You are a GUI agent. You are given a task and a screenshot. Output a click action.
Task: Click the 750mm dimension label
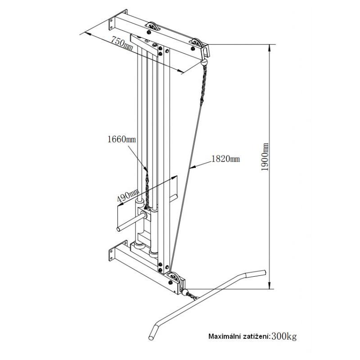click(122, 43)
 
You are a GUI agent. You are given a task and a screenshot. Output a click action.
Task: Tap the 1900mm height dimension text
click(265, 157)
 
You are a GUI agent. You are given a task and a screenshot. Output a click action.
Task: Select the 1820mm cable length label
click(225, 159)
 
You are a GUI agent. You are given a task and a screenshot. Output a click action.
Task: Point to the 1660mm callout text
click(121, 139)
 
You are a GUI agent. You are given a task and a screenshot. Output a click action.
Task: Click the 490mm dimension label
click(128, 195)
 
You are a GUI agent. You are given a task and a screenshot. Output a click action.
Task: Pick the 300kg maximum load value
click(284, 336)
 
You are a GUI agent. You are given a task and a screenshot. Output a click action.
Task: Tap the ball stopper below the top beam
click(204, 62)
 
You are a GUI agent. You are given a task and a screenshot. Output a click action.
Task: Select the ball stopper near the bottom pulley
click(185, 292)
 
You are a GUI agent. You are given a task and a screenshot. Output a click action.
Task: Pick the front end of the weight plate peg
click(119, 229)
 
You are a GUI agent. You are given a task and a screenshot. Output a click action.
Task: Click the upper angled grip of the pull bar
click(256, 274)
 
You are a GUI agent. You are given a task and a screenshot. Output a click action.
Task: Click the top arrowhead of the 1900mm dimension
click(270, 48)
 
